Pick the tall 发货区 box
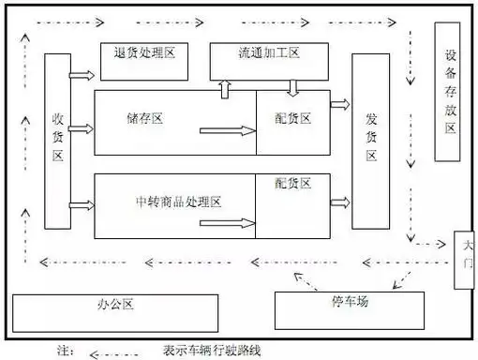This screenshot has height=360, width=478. click(x=369, y=141)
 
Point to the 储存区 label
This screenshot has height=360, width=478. click(x=145, y=119)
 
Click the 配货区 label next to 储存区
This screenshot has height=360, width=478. click(x=293, y=119)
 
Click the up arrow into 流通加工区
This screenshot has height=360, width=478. click(x=225, y=88)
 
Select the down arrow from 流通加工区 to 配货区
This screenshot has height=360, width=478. click(x=293, y=88)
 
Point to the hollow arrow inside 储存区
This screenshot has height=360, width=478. click(x=239, y=131)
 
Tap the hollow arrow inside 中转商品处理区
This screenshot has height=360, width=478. click(x=239, y=224)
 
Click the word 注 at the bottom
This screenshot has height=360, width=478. click(x=65, y=352)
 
